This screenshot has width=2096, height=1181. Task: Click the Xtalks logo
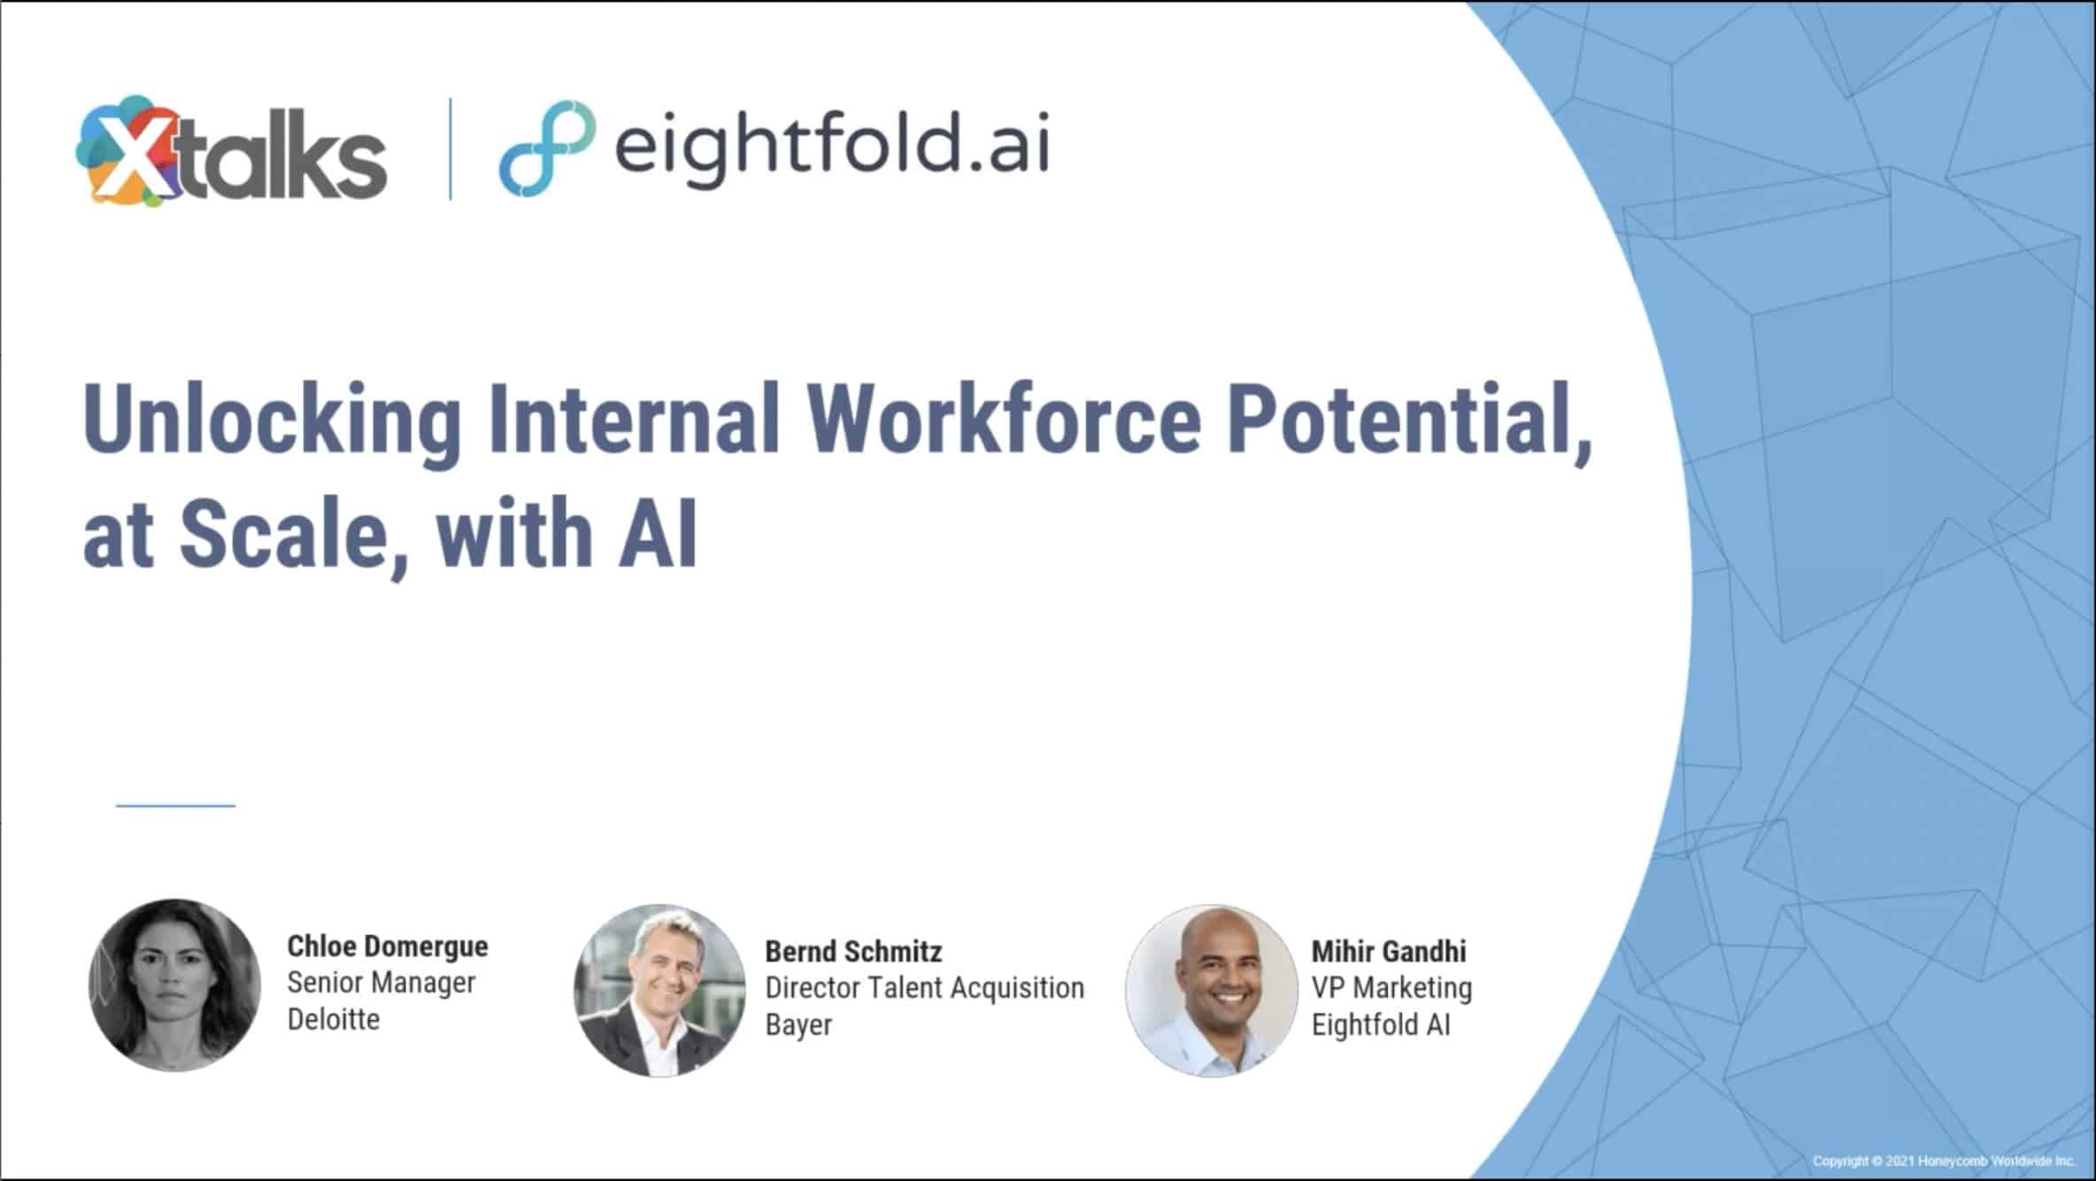(x=232, y=151)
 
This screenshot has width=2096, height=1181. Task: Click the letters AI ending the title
(x=658, y=532)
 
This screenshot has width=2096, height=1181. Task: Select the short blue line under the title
(x=175, y=806)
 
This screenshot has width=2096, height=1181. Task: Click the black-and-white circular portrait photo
(x=175, y=985)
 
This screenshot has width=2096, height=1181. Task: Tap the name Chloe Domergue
(x=388, y=947)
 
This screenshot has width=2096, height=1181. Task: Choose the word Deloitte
(x=334, y=1019)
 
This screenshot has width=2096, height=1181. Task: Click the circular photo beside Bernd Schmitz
(x=659, y=991)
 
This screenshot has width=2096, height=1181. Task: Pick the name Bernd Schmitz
(x=853, y=952)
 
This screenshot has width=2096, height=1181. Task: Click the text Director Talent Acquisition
(x=924, y=988)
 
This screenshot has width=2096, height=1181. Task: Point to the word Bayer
(x=798, y=1025)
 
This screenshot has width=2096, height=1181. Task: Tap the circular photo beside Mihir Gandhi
(x=1212, y=991)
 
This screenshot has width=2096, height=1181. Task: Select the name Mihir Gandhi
(x=1389, y=952)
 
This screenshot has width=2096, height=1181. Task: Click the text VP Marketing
(x=1391, y=988)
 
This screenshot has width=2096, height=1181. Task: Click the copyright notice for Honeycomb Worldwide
(x=1944, y=1161)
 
